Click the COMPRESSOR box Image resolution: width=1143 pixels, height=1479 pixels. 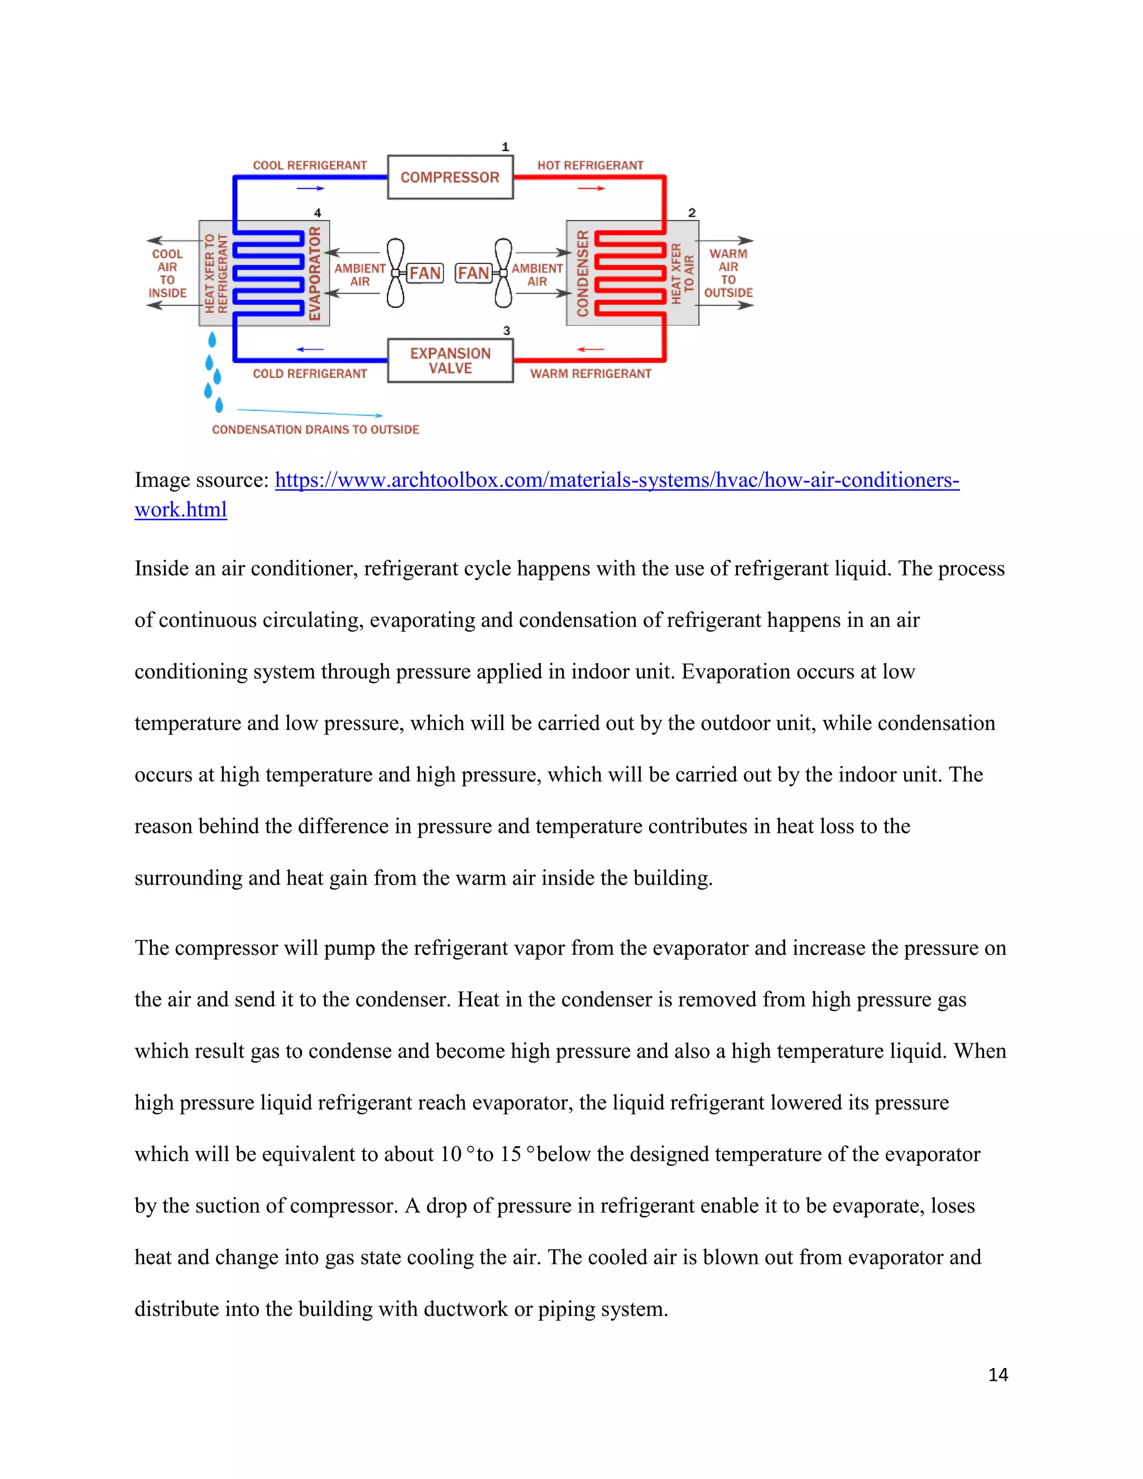click(x=450, y=177)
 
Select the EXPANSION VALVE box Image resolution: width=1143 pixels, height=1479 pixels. click(x=450, y=361)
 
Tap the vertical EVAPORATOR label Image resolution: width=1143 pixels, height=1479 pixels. click(x=315, y=273)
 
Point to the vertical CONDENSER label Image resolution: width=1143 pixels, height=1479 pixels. click(x=582, y=273)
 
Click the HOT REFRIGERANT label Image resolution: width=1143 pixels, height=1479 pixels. click(x=590, y=165)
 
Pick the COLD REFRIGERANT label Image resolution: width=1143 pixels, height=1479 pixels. click(x=309, y=374)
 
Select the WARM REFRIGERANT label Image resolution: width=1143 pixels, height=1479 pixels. click(x=590, y=374)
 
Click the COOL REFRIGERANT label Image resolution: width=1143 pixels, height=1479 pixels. click(x=309, y=165)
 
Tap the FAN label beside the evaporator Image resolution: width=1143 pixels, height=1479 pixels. click(x=425, y=273)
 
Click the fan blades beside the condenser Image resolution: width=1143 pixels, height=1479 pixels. click(x=503, y=273)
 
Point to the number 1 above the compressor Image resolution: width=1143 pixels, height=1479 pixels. click(x=505, y=147)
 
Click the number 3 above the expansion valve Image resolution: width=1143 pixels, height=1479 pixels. click(x=507, y=330)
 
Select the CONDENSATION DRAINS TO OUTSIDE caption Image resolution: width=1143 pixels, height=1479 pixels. click(x=315, y=429)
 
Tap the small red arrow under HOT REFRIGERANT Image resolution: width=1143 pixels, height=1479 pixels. click(x=590, y=188)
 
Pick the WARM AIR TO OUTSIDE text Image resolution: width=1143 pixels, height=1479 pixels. click(x=728, y=273)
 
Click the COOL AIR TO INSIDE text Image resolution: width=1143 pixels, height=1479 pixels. click(x=167, y=273)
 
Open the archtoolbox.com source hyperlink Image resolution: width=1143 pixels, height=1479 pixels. click(x=616, y=480)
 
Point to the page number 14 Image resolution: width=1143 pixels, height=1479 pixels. click(x=997, y=1375)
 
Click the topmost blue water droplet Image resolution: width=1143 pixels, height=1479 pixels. click(x=212, y=339)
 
